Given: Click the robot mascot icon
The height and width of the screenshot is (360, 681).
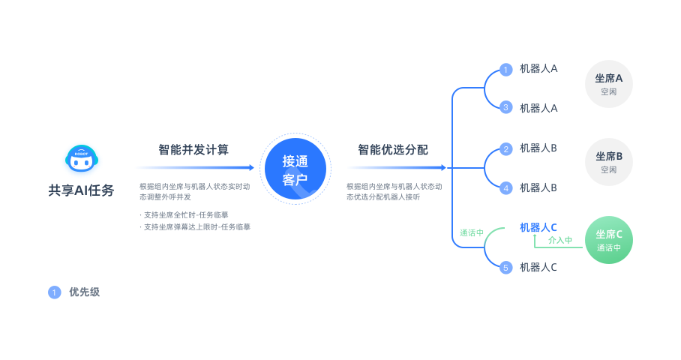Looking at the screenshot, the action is click(82, 158).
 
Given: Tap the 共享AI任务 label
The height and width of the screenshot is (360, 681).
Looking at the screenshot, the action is click(81, 190).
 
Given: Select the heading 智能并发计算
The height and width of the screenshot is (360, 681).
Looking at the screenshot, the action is click(193, 150).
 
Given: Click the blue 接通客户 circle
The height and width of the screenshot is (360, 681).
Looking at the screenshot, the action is click(295, 169).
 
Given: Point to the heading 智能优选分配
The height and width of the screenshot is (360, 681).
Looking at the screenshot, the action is click(393, 150).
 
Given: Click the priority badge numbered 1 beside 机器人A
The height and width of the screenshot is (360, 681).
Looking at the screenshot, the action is click(505, 70).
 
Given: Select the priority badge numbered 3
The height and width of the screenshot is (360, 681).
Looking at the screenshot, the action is click(505, 107).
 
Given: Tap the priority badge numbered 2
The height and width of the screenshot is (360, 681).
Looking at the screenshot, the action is click(505, 149).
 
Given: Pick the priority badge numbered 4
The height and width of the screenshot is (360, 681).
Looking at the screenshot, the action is click(505, 188).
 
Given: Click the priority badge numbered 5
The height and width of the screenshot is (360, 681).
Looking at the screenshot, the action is click(505, 268).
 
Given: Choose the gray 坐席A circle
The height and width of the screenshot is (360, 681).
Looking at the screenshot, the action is click(608, 84).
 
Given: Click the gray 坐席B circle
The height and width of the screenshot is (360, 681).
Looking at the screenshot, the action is click(608, 162).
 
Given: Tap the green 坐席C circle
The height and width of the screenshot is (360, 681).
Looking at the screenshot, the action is click(608, 240).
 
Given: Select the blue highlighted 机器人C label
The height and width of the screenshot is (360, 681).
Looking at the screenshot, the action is click(538, 227).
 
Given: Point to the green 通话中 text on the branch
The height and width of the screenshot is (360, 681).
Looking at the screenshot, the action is click(472, 232).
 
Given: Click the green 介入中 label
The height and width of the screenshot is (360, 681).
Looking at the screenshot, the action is click(560, 240).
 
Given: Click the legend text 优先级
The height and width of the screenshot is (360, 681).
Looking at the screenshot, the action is click(84, 292).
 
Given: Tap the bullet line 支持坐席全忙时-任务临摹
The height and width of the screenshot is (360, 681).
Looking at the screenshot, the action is click(186, 215).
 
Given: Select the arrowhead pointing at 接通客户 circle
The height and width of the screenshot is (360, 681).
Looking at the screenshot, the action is click(251, 167).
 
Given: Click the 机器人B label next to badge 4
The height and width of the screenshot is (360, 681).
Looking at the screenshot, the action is click(538, 188).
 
